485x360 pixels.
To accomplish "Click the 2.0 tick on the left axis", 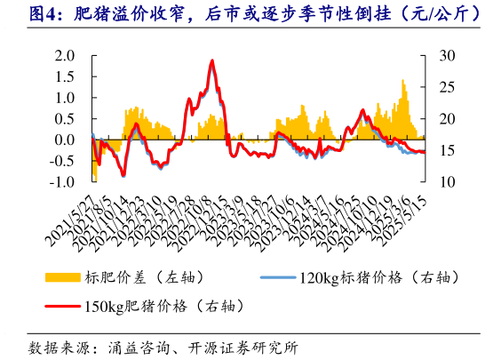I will (65, 55).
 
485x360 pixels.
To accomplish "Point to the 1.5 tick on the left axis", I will (65, 76).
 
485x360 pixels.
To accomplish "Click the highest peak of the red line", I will (211, 60).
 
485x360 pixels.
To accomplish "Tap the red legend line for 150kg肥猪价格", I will (66, 307).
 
